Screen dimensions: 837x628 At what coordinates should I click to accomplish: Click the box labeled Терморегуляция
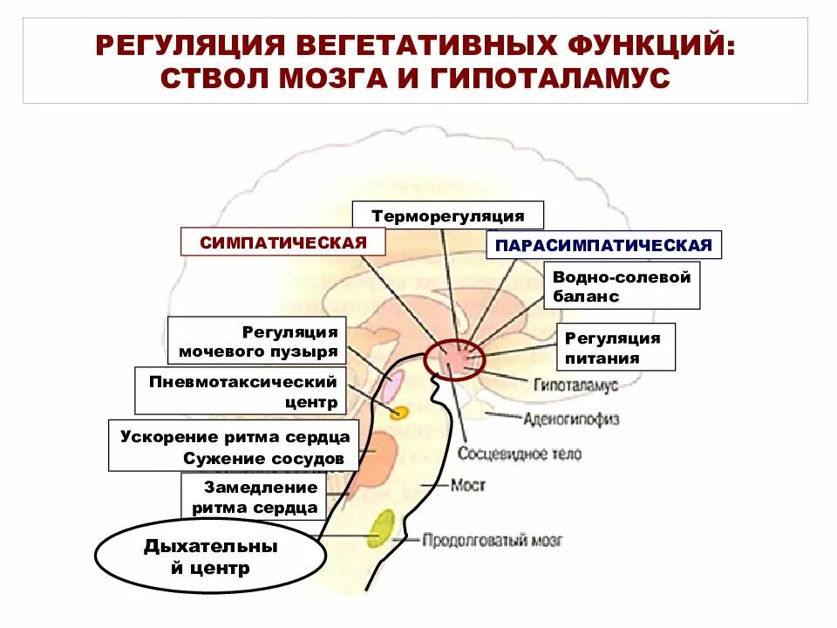click(448, 215)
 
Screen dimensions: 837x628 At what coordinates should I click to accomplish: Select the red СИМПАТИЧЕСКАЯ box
click(282, 242)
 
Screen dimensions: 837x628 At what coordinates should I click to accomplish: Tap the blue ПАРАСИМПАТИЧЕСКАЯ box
click(604, 245)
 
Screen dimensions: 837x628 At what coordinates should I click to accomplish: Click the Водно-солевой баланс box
click(622, 286)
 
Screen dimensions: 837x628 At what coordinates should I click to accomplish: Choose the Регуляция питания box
click(616, 347)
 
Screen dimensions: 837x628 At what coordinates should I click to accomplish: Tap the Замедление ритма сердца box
click(254, 497)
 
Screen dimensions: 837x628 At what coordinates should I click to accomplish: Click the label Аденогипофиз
click(571, 420)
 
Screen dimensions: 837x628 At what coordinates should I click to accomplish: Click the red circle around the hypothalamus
click(453, 357)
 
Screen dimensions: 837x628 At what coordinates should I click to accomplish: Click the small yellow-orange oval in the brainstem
click(398, 413)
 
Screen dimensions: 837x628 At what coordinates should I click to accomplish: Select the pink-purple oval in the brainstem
click(392, 385)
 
